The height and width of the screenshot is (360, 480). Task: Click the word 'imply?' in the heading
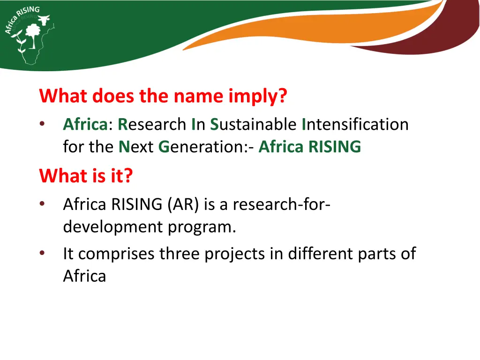pyautogui.click(x=257, y=97)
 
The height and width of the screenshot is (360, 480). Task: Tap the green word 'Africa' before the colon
pyautogui.click(x=85, y=125)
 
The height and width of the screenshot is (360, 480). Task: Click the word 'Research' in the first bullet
pyautogui.click(x=152, y=125)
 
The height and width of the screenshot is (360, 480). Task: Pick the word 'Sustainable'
pyautogui.click(x=253, y=125)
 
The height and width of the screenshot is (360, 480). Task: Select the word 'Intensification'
pyautogui.click(x=355, y=125)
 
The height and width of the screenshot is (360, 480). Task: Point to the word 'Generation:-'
pyautogui.click(x=207, y=147)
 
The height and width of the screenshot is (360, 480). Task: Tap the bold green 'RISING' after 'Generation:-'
pyautogui.click(x=335, y=147)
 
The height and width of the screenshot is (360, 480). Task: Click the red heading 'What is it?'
pyautogui.click(x=86, y=176)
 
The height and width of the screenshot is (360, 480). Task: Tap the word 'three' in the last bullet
pyautogui.click(x=180, y=254)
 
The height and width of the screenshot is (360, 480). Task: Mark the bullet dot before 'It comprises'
pyautogui.click(x=43, y=254)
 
